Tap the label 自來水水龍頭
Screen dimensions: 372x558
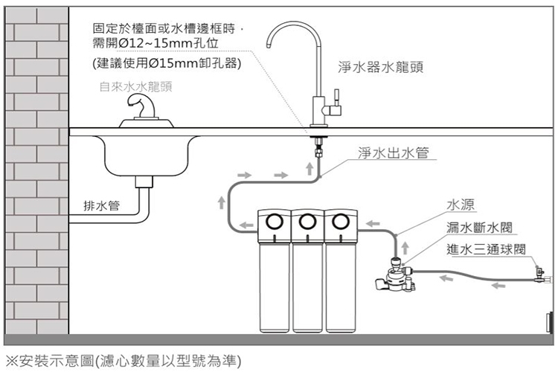point(135,86)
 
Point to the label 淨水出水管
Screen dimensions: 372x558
point(393,153)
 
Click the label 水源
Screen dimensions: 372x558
point(461,205)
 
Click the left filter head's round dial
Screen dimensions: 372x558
point(273,221)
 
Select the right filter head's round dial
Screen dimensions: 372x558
point(340,221)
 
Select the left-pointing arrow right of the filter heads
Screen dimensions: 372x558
point(374,222)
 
